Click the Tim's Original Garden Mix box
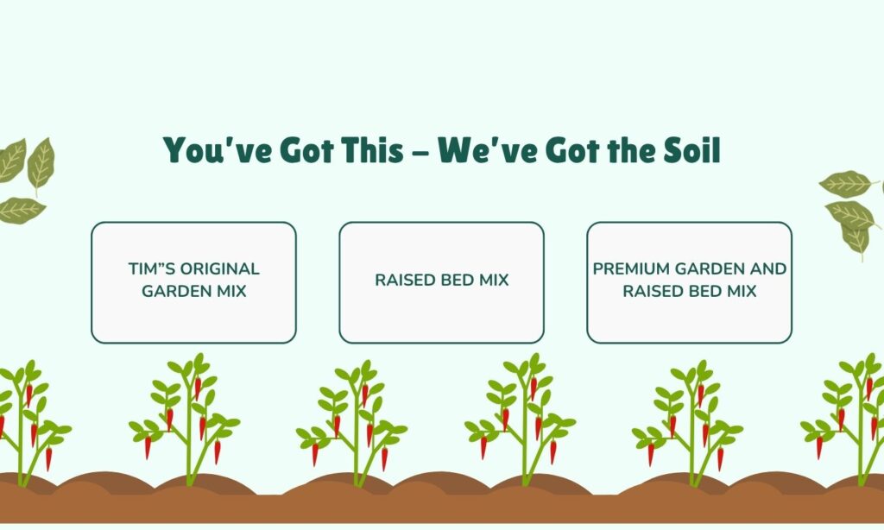pyautogui.click(x=193, y=282)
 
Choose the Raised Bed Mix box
pyautogui.click(x=441, y=282)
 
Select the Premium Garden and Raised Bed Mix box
pyautogui.click(x=689, y=282)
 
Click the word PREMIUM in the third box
pyautogui.click(x=633, y=269)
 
